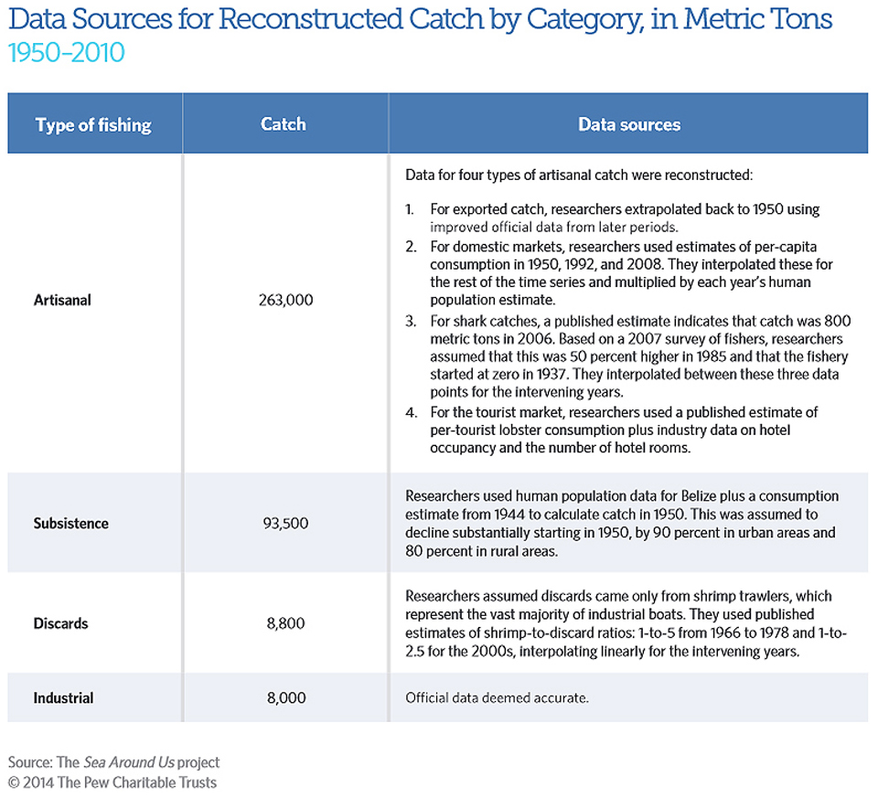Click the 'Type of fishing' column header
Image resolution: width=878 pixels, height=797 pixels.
point(93,125)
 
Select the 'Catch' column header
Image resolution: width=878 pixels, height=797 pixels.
point(284,123)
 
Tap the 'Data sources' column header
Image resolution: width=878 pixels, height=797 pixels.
point(629,124)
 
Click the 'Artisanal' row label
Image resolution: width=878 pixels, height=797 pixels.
point(62,300)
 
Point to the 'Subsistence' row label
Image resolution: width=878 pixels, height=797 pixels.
point(71,524)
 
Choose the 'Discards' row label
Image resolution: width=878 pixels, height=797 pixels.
point(61,623)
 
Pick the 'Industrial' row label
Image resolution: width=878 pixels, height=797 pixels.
point(63,698)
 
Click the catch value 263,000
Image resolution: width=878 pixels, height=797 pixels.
point(285,301)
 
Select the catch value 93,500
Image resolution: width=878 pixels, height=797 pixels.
point(285,524)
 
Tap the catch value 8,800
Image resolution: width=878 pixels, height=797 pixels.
point(285,623)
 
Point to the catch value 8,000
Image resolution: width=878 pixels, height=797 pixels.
point(286,698)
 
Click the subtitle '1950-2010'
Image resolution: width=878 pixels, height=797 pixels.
point(67,53)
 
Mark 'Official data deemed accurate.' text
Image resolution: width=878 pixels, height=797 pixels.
point(497,698)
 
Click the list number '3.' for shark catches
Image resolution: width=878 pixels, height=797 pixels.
point(411,321)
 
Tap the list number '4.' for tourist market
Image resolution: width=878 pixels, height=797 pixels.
point(412,412)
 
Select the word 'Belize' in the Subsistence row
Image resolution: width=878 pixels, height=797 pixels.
point(699,496)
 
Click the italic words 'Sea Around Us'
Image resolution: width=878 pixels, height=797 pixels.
point(129,762)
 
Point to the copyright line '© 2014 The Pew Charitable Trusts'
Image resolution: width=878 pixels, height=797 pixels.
point(112,782)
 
